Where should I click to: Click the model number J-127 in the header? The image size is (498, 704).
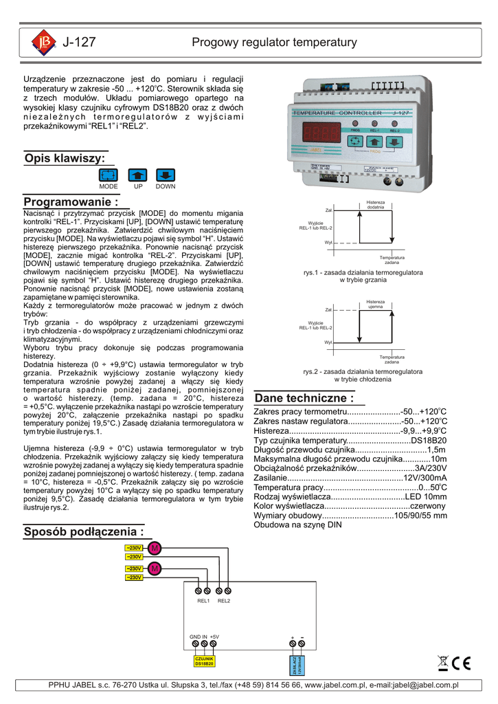coord(80,43)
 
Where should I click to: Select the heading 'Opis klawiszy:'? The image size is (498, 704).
coord(65,158)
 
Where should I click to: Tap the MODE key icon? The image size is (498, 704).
coord(109,175)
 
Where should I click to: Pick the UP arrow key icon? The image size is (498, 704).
coord(137,175)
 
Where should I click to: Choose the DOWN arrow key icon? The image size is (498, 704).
coord(165,175)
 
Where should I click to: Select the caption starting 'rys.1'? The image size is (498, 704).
coord(363,272)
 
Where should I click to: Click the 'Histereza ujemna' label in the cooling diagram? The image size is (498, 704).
coord(375,304)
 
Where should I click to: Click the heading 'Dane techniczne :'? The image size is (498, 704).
coord(304,398)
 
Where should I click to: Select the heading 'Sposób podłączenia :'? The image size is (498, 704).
coord(84,531)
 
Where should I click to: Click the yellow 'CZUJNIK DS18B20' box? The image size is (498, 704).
coord(205,661)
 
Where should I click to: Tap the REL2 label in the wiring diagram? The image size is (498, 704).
coord(224,601)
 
